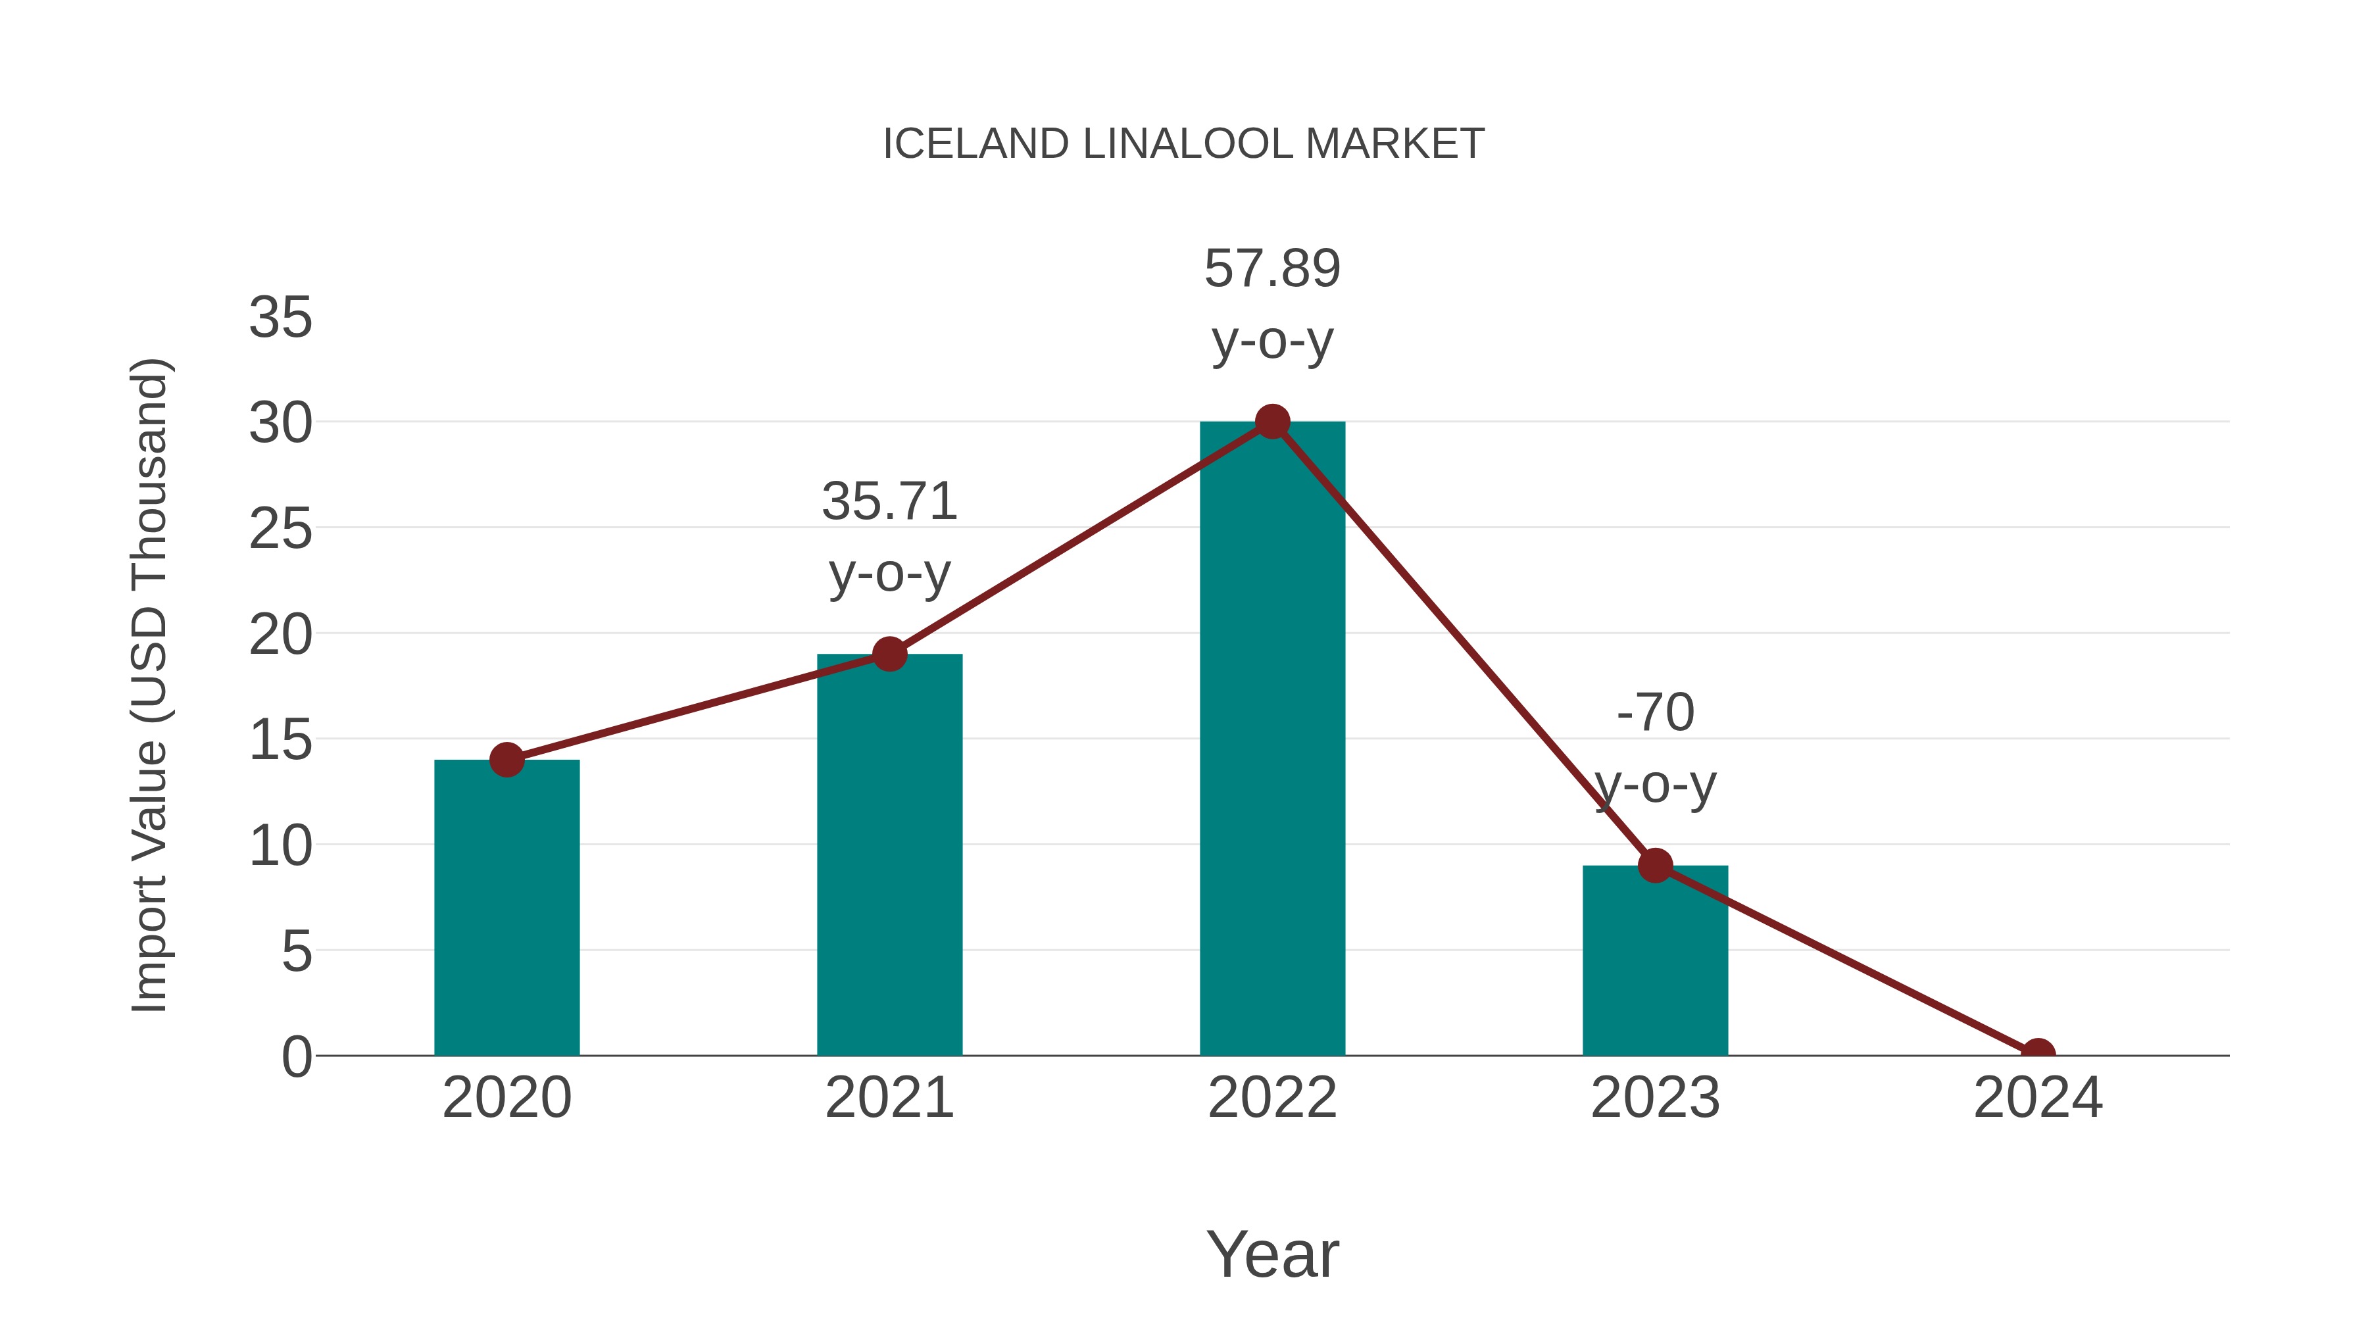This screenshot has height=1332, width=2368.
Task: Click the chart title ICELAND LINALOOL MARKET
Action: [1183, 144]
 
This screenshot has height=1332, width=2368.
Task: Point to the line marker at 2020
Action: [506, 760]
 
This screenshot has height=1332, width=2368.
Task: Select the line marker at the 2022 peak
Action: [1272, 422]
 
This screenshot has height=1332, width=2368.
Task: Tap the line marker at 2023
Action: [1655, 866]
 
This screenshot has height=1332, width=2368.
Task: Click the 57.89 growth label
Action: [1272, 269]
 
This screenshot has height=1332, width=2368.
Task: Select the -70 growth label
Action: [1655, 713]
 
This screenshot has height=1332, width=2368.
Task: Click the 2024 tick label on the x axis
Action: [2038, 1098]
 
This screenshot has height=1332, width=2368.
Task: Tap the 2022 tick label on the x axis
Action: [1272, 1098]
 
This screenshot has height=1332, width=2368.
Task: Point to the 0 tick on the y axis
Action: [296, 1057]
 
